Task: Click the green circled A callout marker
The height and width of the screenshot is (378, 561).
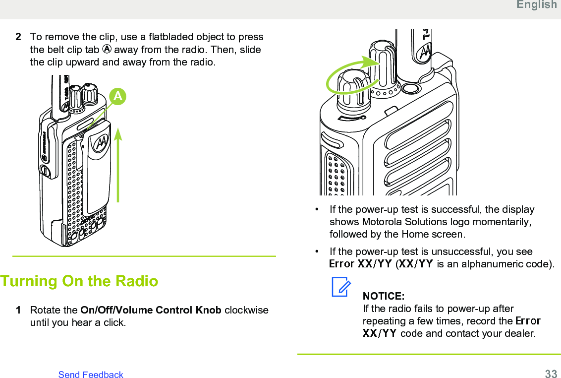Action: [x=117, y=96]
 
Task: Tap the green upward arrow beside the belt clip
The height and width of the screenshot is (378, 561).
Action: [x=118, y=164]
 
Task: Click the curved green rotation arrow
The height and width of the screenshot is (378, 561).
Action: [x=349, y=76]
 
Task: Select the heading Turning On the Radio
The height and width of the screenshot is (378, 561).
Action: [x=79, y=281]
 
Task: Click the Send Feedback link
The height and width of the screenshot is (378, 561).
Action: [x=91, y=375]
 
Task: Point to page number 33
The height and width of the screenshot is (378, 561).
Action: [x=551, y=374]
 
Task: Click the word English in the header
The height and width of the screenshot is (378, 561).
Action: [x=536, y=5]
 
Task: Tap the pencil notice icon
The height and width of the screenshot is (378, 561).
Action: [x=341, y=287]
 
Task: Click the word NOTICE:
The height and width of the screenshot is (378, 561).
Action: [x=384, y=296]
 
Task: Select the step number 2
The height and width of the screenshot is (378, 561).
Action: [x=18, y=37]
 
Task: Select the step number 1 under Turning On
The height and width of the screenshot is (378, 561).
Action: [x=18, y=311]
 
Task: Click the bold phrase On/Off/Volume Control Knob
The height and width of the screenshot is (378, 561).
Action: [x=151, y=311]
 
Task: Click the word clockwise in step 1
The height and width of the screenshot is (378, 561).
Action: [x=246, y=311]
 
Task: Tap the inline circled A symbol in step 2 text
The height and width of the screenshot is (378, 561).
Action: [x=107, y=50]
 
